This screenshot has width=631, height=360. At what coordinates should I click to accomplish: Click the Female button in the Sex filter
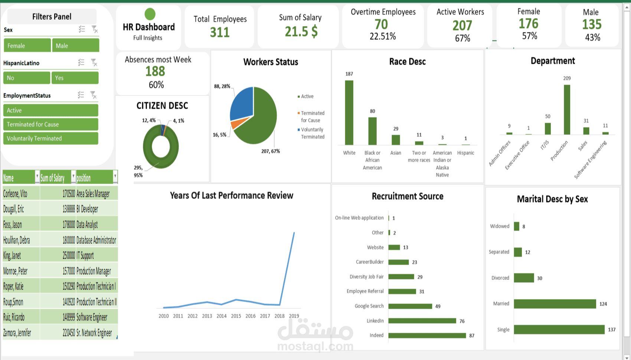[27, 46]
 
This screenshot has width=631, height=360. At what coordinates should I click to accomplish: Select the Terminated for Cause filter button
[51, 124]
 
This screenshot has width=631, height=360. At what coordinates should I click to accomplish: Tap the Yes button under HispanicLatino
[75, 78]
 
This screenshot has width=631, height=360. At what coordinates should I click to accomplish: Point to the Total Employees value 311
[220, 33]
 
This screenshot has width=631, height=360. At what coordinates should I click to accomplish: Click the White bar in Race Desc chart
[349, 112]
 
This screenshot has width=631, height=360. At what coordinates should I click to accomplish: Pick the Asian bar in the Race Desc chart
[396, 140]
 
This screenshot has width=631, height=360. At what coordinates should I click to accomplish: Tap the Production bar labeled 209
[567, 109]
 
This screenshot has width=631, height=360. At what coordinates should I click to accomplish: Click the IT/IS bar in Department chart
[547, 129]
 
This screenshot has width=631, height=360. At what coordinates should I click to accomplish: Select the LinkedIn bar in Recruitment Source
[422, 321]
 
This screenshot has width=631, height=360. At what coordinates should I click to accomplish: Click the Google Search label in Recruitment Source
[369, 306]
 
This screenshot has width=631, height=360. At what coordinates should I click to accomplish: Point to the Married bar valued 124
[555, 304]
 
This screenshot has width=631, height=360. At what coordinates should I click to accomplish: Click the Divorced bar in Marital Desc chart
[524, 278]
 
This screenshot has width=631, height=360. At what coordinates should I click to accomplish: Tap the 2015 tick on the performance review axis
[236, 316]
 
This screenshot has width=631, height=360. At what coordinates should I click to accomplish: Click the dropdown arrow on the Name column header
[37, 176]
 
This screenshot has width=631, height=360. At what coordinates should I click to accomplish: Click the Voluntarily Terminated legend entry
[313, 133]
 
